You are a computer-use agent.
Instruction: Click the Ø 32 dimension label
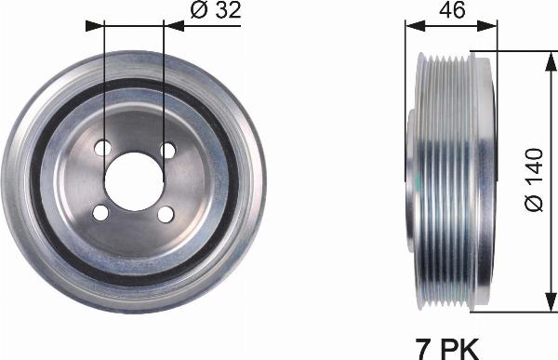[x=217, y=11]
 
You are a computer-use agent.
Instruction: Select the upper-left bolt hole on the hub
[x=103, y=148]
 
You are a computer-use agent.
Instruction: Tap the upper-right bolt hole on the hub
[x=167, y=149]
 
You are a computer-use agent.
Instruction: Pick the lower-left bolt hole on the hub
[x=102, y=213]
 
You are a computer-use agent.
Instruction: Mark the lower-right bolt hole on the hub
[x=166, y=214]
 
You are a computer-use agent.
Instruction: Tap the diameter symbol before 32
[x=198, y=11]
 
